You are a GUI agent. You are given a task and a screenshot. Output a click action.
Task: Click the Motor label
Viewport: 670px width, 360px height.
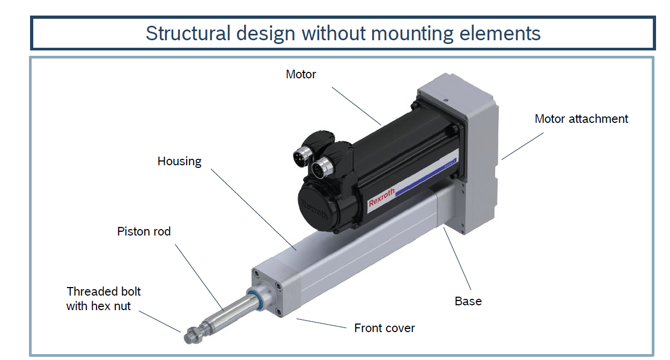[300, 74]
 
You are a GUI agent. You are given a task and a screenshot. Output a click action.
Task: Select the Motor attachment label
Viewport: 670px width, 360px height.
[581, 119]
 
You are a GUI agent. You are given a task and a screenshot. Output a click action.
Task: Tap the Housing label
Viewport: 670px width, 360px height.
[179, 161]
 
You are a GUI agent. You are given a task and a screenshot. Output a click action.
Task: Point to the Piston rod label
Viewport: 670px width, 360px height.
[144, 231]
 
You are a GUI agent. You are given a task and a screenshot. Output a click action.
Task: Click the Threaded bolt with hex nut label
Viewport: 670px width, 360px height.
[103, 299]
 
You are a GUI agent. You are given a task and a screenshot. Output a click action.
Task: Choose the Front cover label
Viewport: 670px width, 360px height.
[384, 328]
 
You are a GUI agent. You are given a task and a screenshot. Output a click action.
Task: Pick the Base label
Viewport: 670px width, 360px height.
[468, 301]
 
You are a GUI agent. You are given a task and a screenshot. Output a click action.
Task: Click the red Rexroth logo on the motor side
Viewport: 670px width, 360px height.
[382, 197]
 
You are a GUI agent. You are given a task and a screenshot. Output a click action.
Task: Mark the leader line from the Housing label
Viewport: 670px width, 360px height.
[252, 209]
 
